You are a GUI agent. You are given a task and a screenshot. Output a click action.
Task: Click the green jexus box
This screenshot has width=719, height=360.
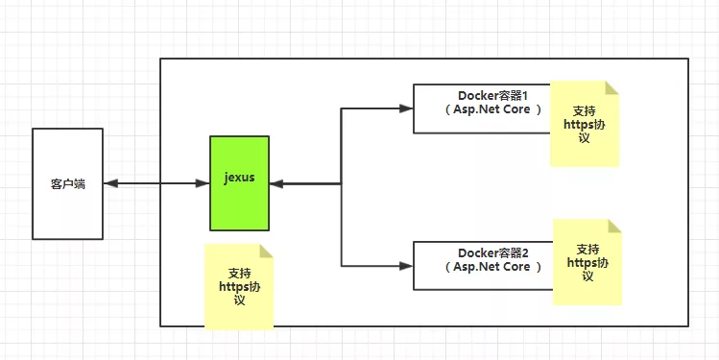239,182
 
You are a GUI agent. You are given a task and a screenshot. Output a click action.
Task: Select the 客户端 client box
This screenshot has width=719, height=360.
67,182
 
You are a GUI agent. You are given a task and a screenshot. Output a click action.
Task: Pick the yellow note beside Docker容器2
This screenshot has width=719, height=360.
587,262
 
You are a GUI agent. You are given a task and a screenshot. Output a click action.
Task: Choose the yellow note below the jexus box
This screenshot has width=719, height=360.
239,286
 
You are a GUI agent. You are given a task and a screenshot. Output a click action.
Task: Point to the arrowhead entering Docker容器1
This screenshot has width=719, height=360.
406,108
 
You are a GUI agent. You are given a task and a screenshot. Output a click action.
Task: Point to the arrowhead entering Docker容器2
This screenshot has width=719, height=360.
406,265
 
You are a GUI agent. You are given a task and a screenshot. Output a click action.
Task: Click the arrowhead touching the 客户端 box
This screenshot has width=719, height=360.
110,182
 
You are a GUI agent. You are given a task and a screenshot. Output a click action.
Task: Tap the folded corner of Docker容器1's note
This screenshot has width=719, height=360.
612,87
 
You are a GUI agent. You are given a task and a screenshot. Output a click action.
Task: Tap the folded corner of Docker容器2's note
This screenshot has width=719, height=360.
615,226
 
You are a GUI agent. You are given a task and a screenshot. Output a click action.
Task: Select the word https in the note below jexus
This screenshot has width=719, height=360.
233,285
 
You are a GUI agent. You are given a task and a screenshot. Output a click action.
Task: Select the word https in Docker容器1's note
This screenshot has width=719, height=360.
574,125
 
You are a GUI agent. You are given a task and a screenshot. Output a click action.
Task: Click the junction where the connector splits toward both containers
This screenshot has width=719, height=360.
342,182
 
